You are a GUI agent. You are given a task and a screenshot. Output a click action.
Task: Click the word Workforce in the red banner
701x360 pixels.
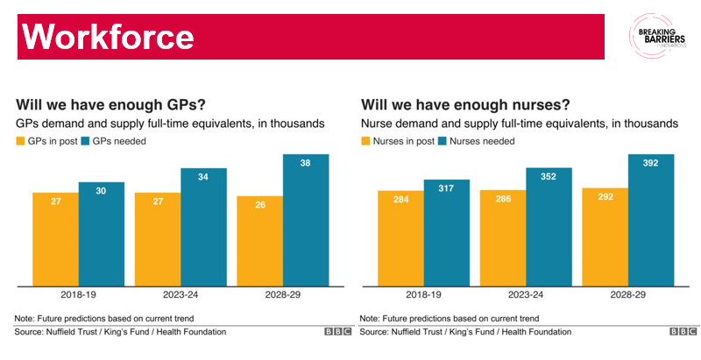(x=107, y=37)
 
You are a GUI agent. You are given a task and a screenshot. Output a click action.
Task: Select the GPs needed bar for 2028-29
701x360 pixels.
(x=306, y=219)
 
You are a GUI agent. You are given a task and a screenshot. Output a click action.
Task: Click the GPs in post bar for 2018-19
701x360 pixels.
(x=55, y=238)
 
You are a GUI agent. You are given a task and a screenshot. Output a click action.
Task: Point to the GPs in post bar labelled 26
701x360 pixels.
(x=260, y=240)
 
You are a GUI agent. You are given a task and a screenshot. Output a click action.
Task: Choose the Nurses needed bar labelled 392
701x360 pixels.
(x=651, y=219)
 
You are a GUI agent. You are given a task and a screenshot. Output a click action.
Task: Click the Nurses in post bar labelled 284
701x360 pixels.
(x=400, y=237)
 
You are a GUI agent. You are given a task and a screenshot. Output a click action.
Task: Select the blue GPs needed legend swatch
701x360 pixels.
(x=85, y=141)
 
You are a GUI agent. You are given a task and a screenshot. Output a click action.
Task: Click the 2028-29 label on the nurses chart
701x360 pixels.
(x=627, y=296)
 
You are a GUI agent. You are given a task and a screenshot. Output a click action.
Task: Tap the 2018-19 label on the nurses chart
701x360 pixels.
(x=423, y=296)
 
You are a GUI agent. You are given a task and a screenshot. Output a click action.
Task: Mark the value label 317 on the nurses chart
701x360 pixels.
(x=446, y=193)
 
